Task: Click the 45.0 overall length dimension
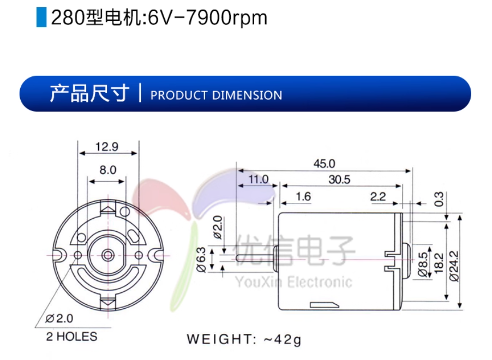(324, 163)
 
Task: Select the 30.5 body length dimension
(339, 180)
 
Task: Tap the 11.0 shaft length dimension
(258, 179)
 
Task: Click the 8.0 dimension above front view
(107, 170)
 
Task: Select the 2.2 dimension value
(378, 196)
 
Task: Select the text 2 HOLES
(71, 337)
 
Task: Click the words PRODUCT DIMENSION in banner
(216, 95)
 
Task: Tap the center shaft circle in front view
(108, 254)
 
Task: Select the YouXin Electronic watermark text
(293, 282)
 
